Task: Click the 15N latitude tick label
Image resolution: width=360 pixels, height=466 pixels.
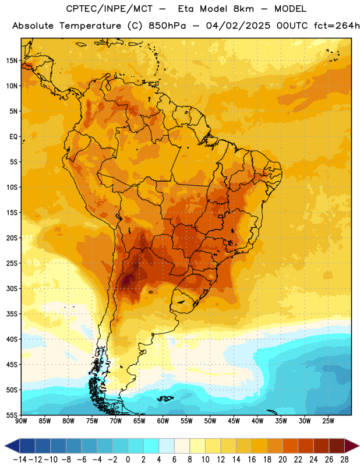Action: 12,61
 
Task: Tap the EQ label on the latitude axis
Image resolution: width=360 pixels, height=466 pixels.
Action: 13,137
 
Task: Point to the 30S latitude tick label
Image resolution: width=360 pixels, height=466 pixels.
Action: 12,288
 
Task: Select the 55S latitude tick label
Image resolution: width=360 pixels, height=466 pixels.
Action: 12,415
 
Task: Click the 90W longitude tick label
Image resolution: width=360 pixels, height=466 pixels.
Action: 21,421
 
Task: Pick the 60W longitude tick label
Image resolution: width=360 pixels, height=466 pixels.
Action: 163,421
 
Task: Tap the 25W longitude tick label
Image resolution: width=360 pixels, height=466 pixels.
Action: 328,421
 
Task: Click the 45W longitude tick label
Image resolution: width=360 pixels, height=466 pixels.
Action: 234,421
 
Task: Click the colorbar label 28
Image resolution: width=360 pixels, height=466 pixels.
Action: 344,460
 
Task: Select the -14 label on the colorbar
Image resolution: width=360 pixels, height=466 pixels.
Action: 20,460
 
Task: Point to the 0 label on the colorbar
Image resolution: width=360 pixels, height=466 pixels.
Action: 128,460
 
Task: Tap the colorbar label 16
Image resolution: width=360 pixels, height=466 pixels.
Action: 252,460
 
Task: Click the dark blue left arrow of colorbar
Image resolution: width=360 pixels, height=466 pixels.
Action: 12,446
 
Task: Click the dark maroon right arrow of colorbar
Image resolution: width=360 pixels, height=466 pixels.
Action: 352,446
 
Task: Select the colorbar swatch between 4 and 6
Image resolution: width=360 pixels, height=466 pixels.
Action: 167,446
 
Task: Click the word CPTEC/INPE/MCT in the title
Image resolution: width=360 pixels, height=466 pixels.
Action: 109,9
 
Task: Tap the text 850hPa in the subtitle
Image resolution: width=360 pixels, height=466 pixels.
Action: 167,26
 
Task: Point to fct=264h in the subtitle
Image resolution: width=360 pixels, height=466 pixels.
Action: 337,26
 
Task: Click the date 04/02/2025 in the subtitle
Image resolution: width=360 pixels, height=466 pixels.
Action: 238,26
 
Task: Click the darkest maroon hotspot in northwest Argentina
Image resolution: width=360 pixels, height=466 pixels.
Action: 128,280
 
